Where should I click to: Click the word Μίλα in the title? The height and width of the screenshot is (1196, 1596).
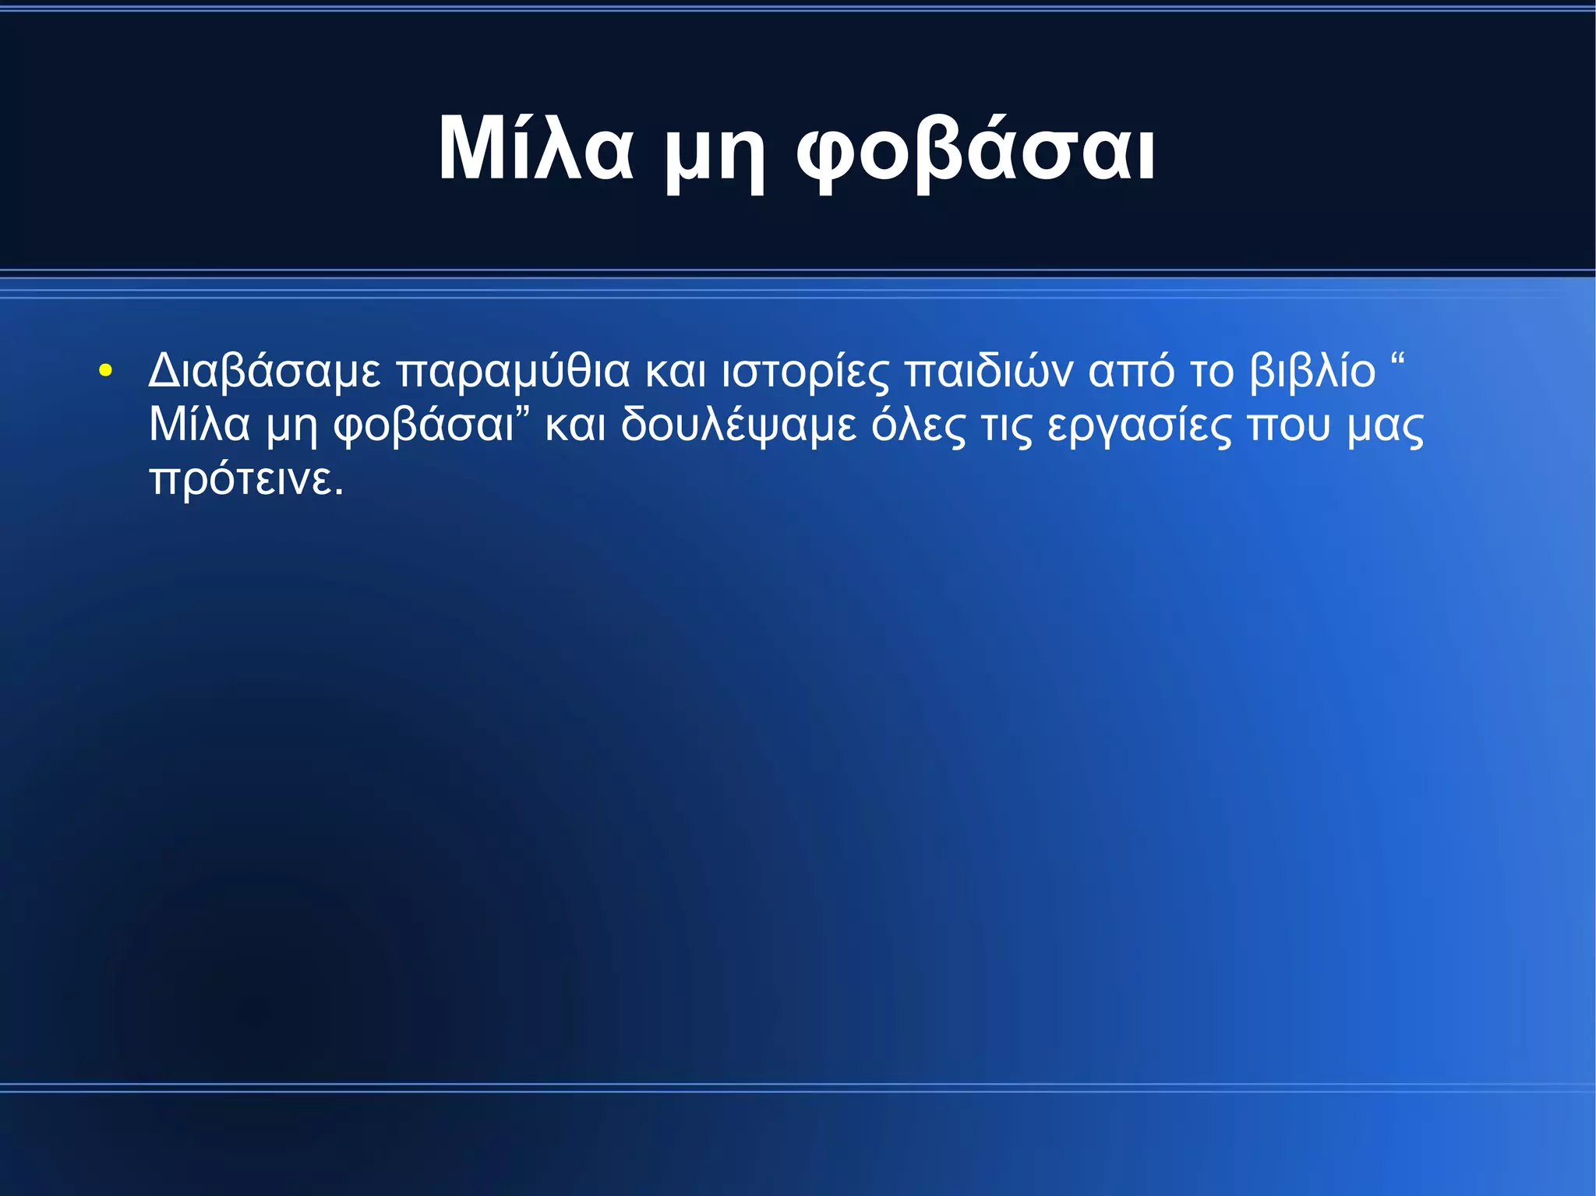pyautogui.click(x=535, y=149)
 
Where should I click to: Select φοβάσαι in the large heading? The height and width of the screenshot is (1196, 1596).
pyautogui.click(x=976, y=152)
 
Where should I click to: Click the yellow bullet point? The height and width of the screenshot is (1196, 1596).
pyautogui.click(x=105, y=371)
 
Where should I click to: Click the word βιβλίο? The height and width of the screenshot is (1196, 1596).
pyautogui.click(x=1313, y=372)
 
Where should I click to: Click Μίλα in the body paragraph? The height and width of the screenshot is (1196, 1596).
pyautogui.click(x=199, y=425)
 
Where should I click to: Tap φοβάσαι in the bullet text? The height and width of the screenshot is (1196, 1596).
pyautogui.click(x=424, y=426)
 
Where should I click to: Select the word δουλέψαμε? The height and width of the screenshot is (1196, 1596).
pyautogui.click(x=739, y=426)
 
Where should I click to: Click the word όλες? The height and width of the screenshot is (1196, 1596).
pyautogui.click(x=918, y=426)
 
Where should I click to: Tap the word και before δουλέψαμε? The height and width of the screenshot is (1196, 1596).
pyautogui.click(x=575, y=426)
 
